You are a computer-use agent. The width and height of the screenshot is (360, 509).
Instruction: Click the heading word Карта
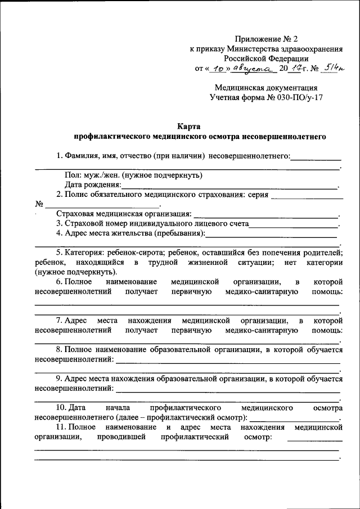pyautogui.click(x=189, y=127)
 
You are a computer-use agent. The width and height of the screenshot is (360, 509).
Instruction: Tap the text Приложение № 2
pyautogui.click(x=266, y=39)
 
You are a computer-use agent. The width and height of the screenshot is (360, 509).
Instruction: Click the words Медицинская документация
pyautogui.click(x=266, y=88)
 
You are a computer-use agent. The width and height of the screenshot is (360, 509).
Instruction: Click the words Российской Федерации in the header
pyautogui.click(x=266, y=58)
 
